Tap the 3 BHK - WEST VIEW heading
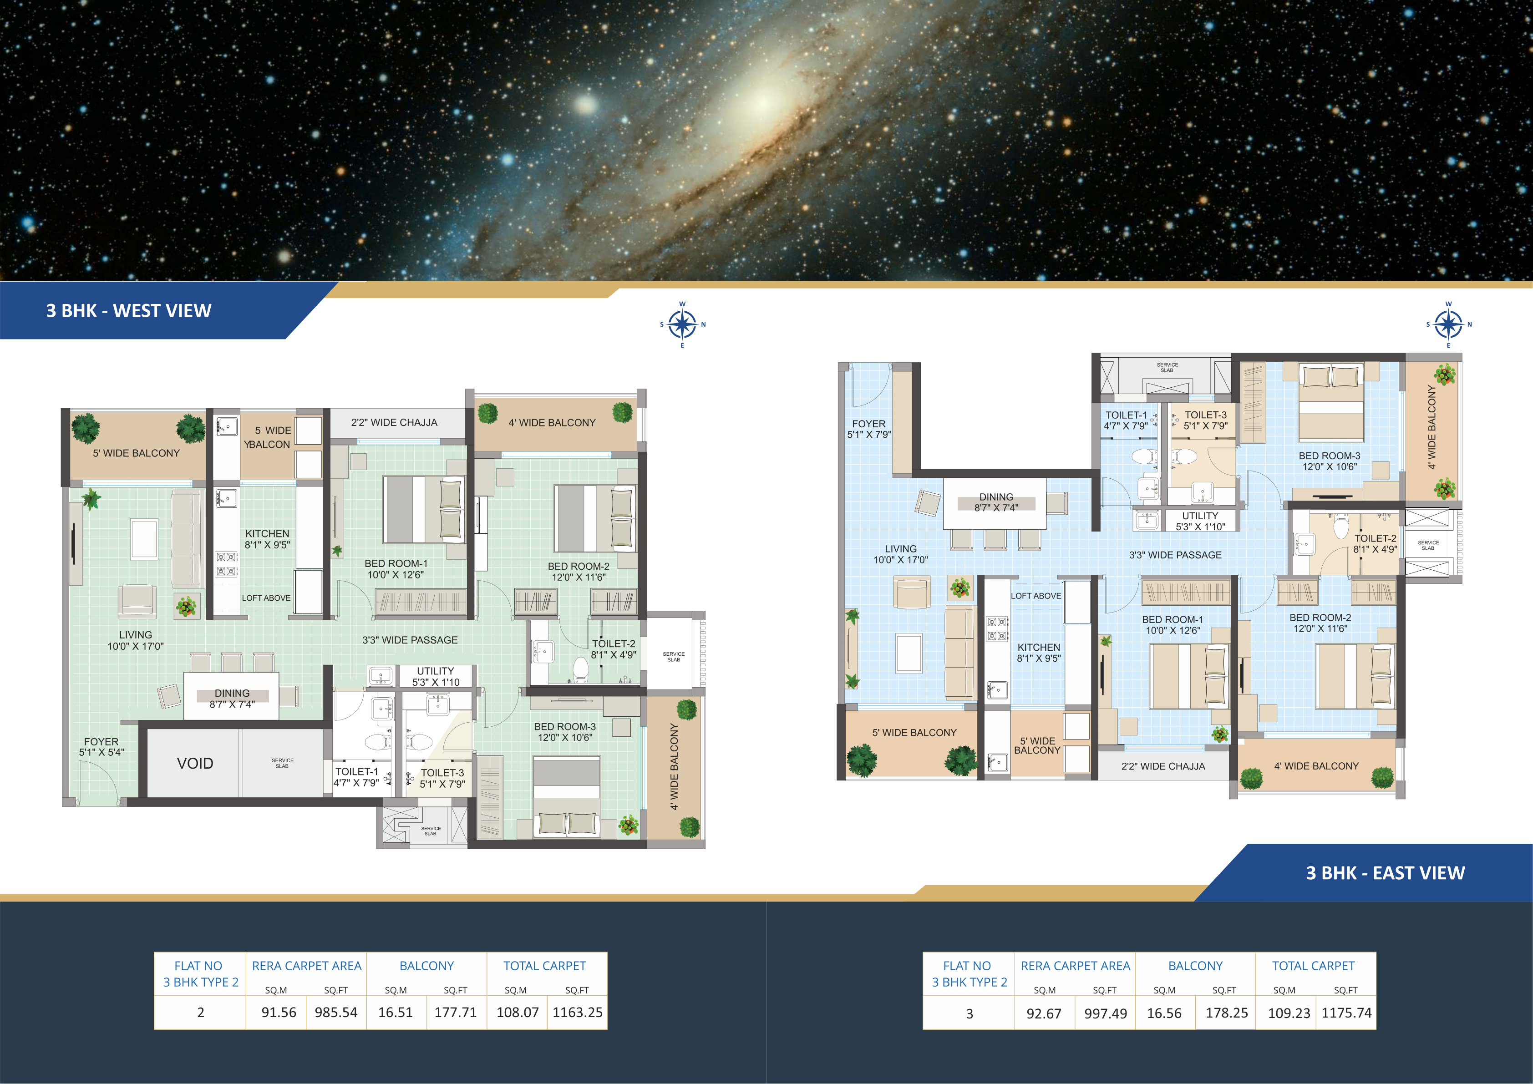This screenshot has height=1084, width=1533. click(129, 311)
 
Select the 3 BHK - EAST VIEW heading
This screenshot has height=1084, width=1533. click(1386, 873)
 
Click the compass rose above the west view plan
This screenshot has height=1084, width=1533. click(682, 325)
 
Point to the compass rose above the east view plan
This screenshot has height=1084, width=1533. click(1448, 325)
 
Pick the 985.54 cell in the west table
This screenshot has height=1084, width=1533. click(336, 1013)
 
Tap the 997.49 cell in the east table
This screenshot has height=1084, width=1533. click(1106, 1013)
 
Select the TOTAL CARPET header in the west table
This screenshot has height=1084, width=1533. click(545, 966)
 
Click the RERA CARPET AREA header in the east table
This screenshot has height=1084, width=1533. click(1076, 966)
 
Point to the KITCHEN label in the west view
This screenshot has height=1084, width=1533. click(267, 534)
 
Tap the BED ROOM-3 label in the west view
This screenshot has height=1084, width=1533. click(565, 727)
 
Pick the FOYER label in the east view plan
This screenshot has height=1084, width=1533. click(868, 424)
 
